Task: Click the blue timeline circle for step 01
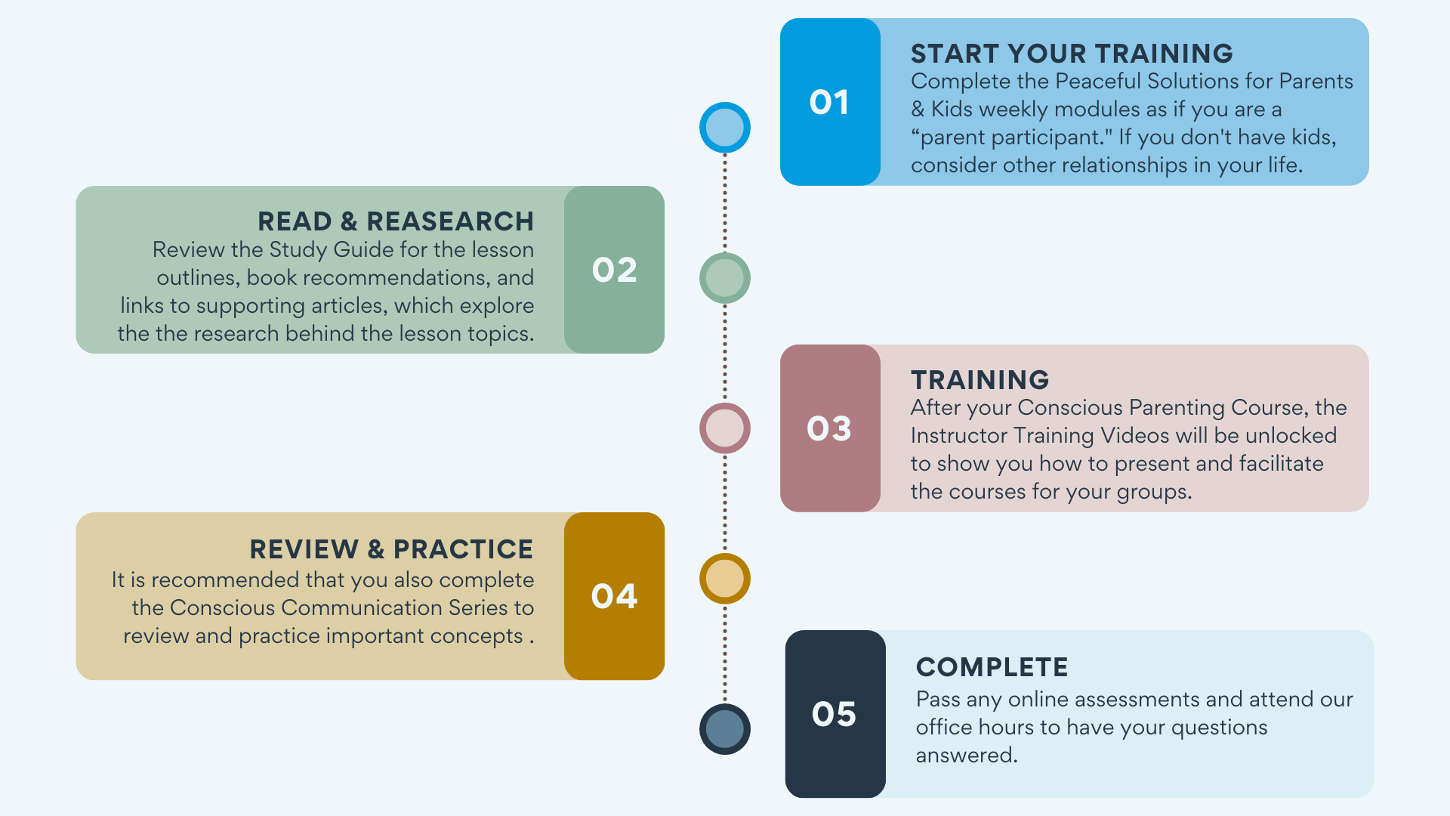(725, 128)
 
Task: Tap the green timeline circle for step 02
(725, 278)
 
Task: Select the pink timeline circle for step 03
(725, 428)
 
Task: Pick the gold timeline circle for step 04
(725, 579)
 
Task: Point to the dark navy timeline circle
(725, 729)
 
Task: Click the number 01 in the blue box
(829, 103)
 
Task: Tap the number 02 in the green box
(615, 270)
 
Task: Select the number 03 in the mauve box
(829, 429)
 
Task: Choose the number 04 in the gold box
(615, 597)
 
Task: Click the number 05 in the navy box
(835, 715)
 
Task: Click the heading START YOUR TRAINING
(1072, 54)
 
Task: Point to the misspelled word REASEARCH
(450, 221)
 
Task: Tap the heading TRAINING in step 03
(980, 380)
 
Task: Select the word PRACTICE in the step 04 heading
(463, 549)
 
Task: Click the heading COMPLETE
(992, 667)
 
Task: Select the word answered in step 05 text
(967, 755)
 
